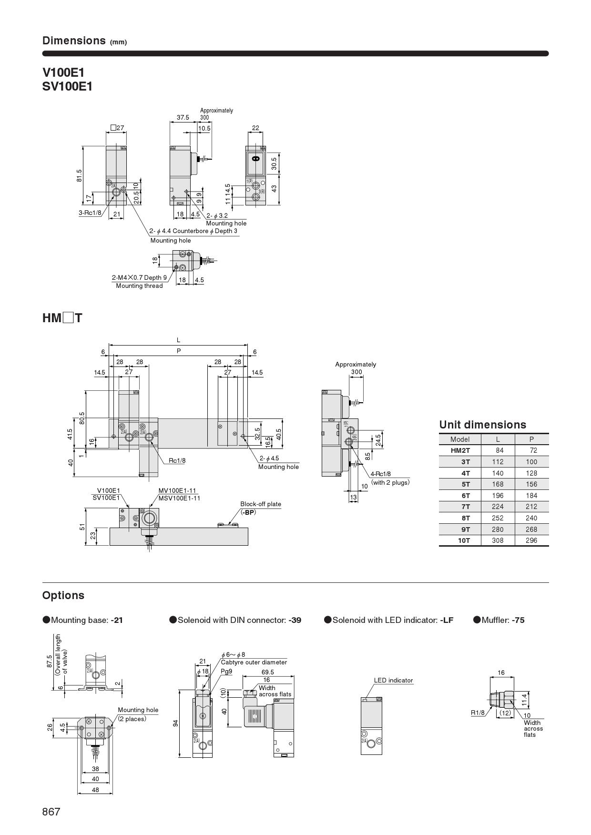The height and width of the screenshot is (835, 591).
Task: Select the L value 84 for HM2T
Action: tap(498, 450)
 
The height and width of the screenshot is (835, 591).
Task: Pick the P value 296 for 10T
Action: tap(531, 540)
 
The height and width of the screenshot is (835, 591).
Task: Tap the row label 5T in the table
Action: tap(465, 484)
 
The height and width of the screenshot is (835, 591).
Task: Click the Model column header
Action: tap(460, 439)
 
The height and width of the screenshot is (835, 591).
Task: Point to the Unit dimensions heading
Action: tap(482, 425)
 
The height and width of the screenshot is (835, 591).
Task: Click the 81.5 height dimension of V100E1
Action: tap(79, 175)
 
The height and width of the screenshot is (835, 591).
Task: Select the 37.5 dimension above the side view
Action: tap(183, 117)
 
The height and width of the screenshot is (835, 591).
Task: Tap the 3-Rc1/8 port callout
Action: tap(90, 213)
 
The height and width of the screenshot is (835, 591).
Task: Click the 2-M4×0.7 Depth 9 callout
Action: tap(139, 277)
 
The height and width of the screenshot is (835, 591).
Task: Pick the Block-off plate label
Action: tap(260, 504)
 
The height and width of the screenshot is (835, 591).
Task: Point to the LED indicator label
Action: tap(393, 680)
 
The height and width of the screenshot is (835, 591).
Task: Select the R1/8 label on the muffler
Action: tap(478, 713)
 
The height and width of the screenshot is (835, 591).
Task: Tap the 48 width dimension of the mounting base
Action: tap(95, 790)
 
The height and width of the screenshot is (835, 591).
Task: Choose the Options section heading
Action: tap(63, 595)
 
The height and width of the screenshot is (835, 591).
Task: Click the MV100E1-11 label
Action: tap(177, 491)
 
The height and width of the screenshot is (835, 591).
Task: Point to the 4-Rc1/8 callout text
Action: tap(380, 474)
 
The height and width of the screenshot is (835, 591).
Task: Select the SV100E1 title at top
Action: tap(67, 87)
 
